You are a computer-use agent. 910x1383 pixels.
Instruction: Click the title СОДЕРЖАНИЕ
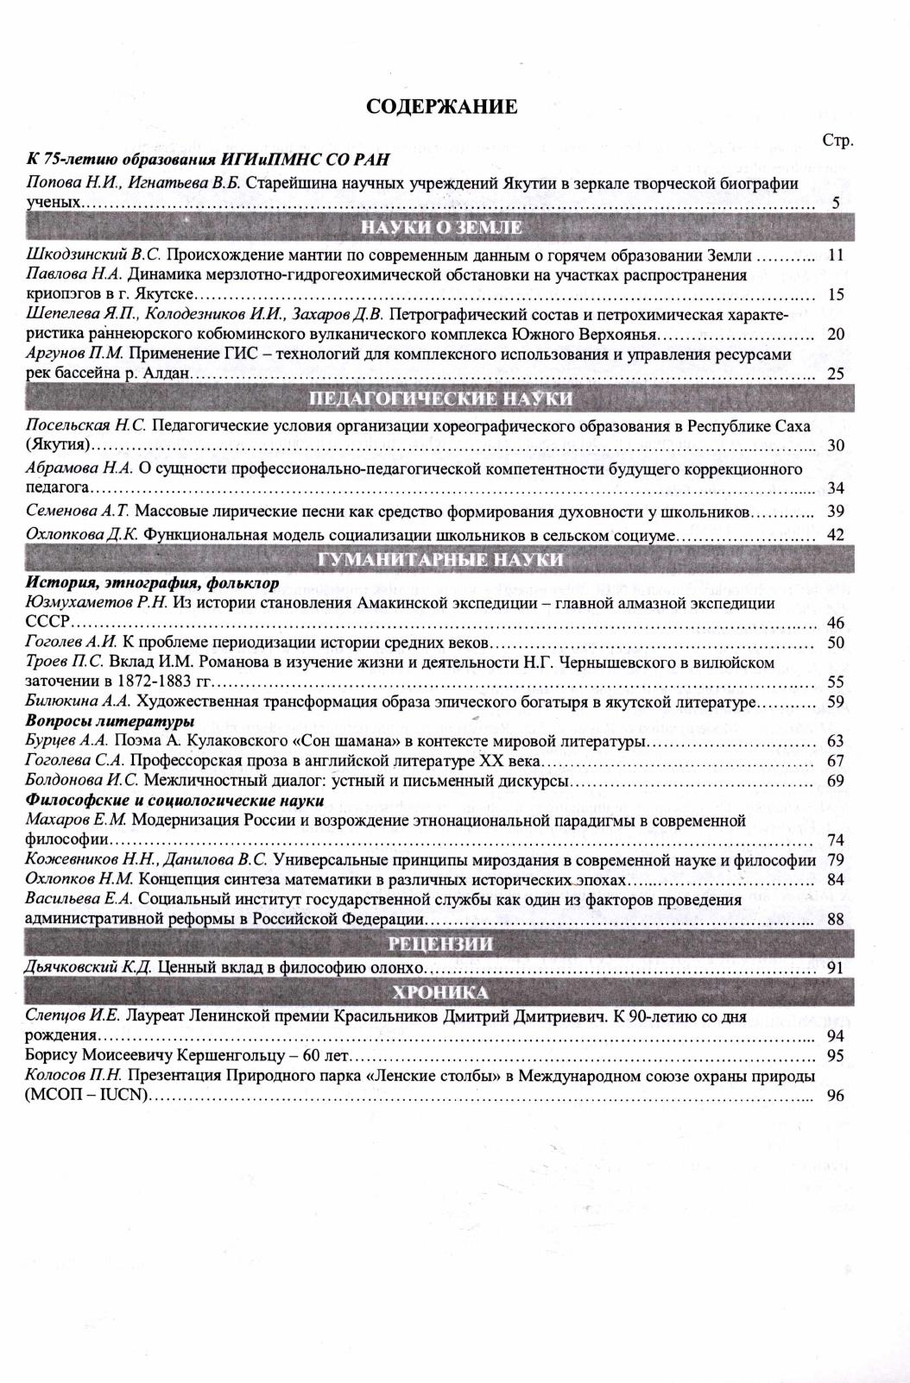click(x=441, y=106)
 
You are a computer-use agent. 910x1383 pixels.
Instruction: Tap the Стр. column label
click(x=837, y=141)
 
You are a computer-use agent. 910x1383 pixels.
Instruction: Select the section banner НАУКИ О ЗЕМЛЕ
click(x=441, y=228)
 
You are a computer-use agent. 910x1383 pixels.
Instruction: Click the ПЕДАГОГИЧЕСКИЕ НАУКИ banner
click(x=441, y=399)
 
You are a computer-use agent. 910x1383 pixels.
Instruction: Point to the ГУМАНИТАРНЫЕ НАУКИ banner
click(x=441, y=560)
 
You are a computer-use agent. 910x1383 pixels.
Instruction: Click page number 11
click(x=835, y=255)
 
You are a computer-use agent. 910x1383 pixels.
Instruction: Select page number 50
click(x=835, y=643)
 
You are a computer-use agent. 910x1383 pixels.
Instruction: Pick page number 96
click(x=835, y=1097)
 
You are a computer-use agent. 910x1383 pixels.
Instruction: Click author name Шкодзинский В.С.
click(x=94, y=255)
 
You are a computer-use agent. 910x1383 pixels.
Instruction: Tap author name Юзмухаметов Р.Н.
click(x=98, y=603)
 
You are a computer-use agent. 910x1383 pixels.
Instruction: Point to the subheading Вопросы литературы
click(x=110, y=721)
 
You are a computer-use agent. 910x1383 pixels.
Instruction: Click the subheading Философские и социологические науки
click(x=175, y=801)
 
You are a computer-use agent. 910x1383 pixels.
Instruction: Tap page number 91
click(x=835, y=968)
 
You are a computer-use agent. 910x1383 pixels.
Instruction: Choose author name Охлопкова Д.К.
click(x=82, y=535)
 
